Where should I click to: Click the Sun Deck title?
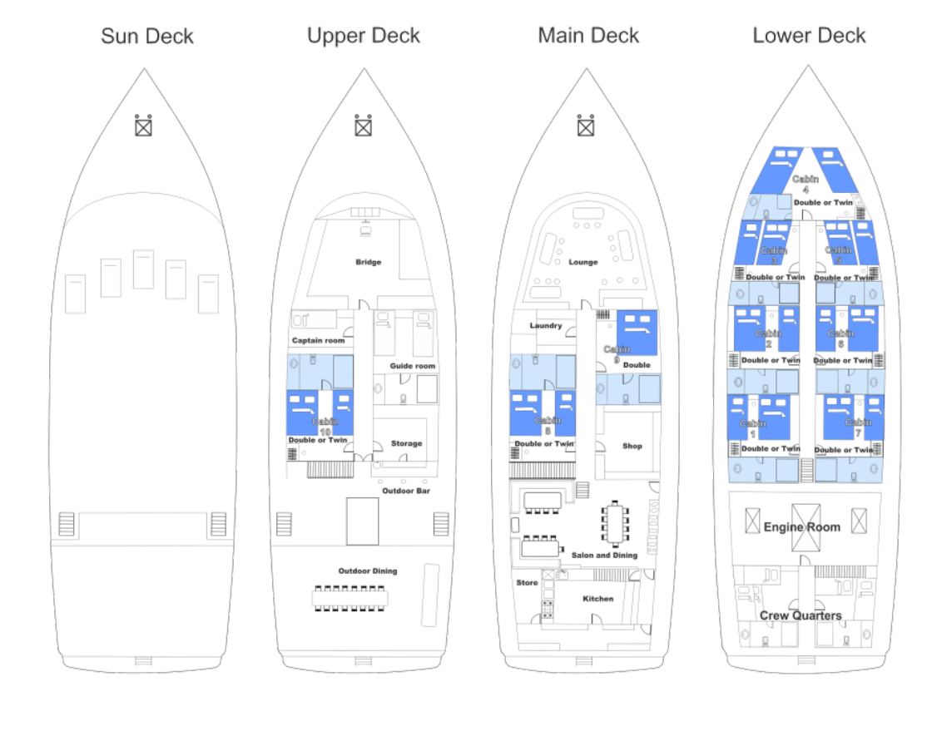point(147,37)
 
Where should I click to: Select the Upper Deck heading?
point(364,36)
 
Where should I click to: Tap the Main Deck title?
point(588,36)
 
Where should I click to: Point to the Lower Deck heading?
point(809,36)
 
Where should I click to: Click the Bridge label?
point(368,262)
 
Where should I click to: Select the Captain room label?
point(318,341)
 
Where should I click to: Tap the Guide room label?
point(413,366)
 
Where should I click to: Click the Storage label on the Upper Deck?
point(406,444)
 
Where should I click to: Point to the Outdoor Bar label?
point(406,491)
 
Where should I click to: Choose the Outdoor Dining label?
point(367,570)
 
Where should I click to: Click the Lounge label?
point(583,262)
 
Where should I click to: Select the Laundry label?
point(546,325)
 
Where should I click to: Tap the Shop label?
point(632,447)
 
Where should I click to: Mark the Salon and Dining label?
point(604,555)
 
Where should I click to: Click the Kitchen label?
point(597,599)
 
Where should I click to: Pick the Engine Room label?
point(802,527)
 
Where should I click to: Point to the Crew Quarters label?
point(801,616)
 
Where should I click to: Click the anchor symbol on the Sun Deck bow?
point(144,126)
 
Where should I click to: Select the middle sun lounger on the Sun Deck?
point(143,269)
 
